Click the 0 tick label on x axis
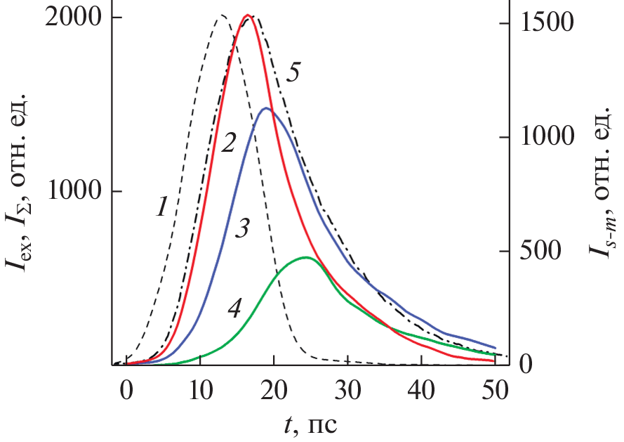click(x=126, y=390)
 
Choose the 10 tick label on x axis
click(x=200, y=390)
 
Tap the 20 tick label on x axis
click(x=274, y=390)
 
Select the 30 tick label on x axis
click(x=347, y=390)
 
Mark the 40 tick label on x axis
click(x=421, y=390)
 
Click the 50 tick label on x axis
click(x=495, y=390)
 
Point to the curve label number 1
click(x=161, y=206)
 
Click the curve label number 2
click(x=227, y=145)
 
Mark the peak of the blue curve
click(x=265, y=108)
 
